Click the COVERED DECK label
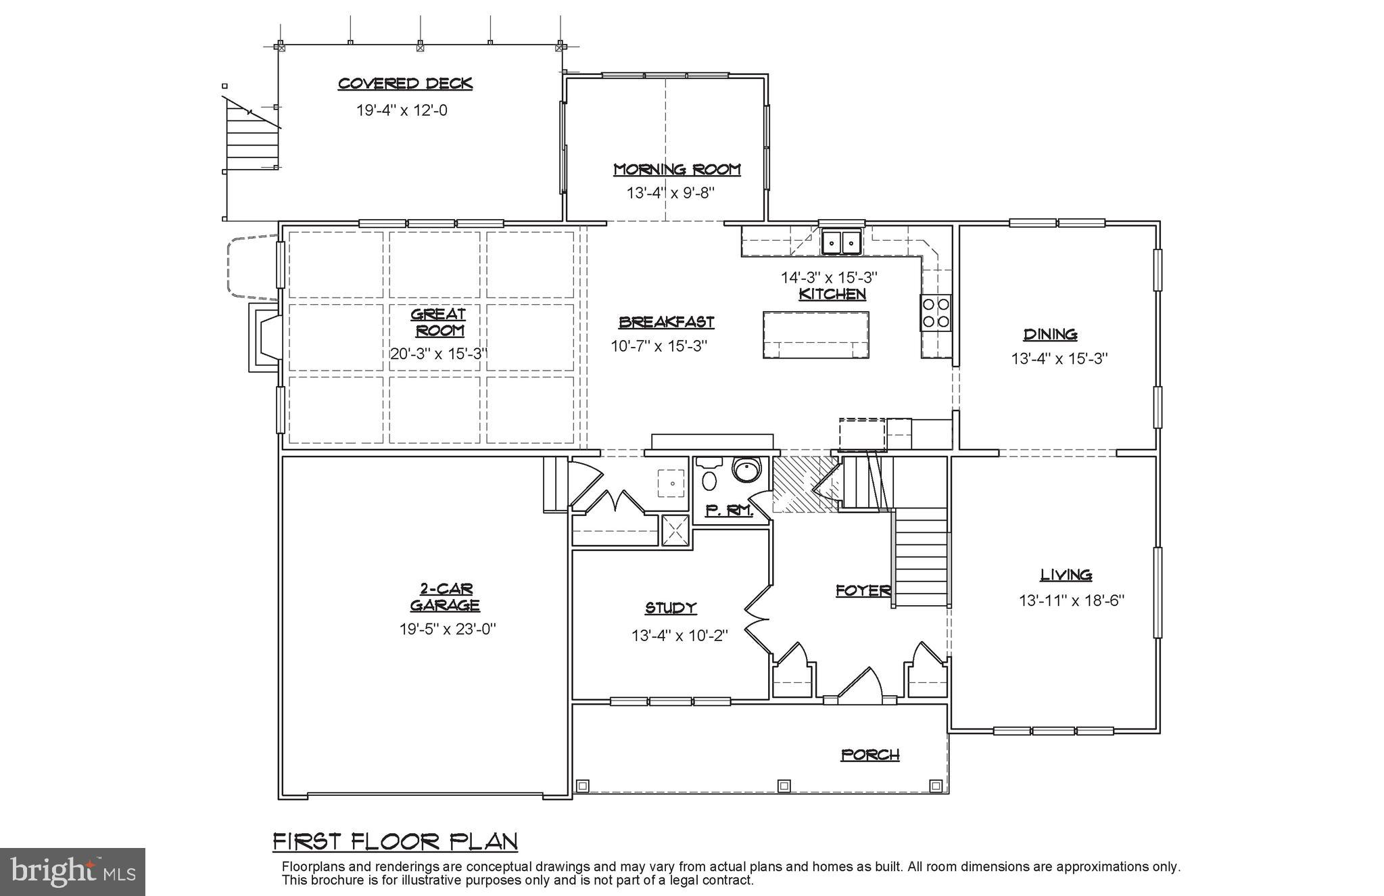404,84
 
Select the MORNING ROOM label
677,169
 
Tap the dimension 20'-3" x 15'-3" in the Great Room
438,354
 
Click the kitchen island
815,334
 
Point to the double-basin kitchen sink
840,241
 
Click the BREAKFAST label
666,323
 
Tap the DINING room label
1050,334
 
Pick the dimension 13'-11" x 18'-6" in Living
1071,600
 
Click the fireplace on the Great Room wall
265,337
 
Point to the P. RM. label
729,511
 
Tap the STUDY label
670,608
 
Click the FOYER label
863,591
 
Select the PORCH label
869,755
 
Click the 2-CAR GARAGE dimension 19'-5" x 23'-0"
447,629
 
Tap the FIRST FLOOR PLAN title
396,842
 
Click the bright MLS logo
72,872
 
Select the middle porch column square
784,785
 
